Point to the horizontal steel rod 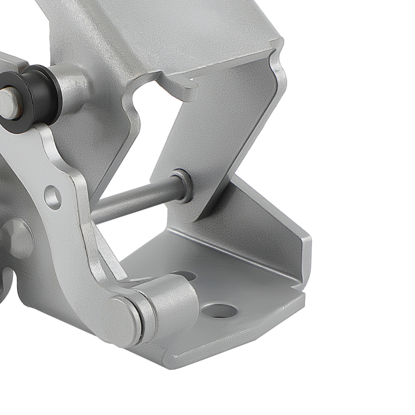point(133,199)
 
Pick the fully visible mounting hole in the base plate point(220,310)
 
